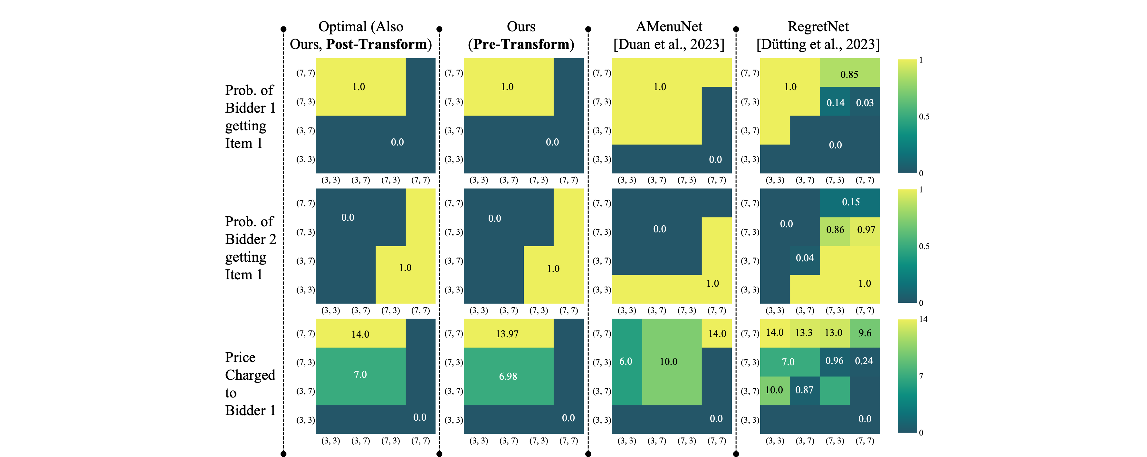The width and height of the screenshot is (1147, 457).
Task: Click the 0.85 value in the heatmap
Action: pyautogui.click(x=849, y=74)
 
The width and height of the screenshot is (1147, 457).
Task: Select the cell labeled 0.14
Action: pyautogui.click(x=835, y=103)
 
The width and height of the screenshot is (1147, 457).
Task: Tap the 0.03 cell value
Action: pyautogui.click(x=865, y=103)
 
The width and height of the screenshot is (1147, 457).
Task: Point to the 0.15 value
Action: pyautogui.click(x=850, y=202)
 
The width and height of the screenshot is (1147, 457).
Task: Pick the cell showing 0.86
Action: pyautogui.click(x=835, y=229)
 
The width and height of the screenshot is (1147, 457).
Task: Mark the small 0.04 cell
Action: pyautogui.click(x=805, y=258)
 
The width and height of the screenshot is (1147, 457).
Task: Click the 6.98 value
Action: pyautogui.click(x=508, y=377)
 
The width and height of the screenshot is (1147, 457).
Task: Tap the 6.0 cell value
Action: pyautogui.click(x=626, y=361)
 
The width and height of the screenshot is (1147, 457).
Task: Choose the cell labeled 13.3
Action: pyautogui.click(x=804, y=333)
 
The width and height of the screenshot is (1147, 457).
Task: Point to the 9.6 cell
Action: pyautogui.click(x=865, y=333)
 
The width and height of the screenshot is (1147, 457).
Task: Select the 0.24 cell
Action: pyautogui.click(x=864, y=361)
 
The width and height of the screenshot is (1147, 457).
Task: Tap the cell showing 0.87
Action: pyautogui.click(x=804, y=390)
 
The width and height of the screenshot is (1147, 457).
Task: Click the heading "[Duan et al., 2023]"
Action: pyautogui.click(x=669, y=44)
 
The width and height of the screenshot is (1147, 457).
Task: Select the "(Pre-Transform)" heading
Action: pyautogui.click(x=521, y=44)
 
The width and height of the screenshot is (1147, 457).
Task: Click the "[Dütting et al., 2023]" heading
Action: pyautogui.click(x=818, y=44)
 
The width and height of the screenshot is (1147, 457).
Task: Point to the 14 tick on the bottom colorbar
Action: pyautogui.click(x=923, y=320)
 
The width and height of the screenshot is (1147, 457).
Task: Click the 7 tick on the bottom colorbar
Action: pyautogui.click(x=921, y=376)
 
